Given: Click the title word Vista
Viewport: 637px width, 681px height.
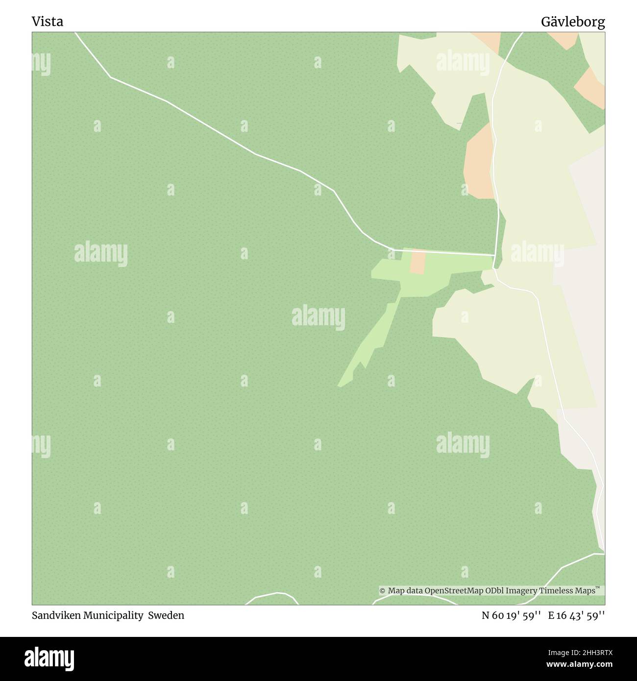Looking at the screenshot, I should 47,22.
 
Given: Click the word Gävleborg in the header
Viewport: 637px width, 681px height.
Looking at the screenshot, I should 573,22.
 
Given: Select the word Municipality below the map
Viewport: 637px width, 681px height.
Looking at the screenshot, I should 113,615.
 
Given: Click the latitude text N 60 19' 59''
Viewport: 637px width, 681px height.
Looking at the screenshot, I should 511,615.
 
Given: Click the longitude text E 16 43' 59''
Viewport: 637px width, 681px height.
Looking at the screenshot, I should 576,615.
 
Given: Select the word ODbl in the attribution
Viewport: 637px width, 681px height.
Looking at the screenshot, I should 495,591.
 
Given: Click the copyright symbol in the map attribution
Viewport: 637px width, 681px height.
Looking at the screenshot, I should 383,591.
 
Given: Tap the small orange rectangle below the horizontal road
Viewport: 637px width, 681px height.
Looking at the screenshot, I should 417,262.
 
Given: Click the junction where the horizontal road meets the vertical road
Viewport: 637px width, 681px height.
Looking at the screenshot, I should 495,255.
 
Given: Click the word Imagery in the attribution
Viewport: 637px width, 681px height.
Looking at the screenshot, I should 521,591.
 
